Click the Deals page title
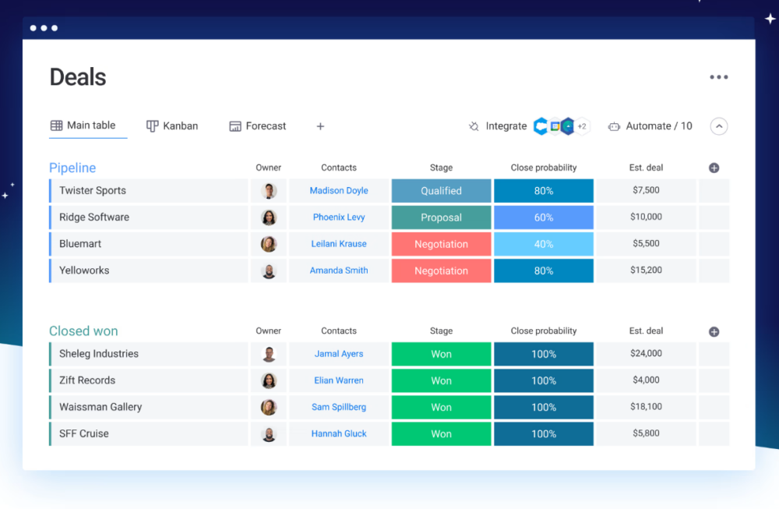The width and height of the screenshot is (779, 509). [78, 77]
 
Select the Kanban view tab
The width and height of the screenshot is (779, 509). [172, 125]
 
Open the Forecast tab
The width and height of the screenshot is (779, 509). [258, 125]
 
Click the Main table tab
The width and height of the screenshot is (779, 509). [83, 125]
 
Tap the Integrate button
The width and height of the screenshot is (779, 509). [498, 125]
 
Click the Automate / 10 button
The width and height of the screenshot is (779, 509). [650, 125]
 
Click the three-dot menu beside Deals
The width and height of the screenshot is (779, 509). [718, 77]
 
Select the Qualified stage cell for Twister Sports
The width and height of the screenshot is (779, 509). [441, 191]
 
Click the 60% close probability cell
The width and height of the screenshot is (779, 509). [544, 217]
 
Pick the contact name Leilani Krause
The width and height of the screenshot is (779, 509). [339, 244]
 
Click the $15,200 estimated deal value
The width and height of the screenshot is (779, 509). [646, 270]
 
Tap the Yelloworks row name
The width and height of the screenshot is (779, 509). [84, 270]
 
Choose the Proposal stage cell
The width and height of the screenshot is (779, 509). [441, 217]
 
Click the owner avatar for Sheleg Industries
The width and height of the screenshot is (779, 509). [269, 354]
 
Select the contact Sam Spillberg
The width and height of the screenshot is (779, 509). [339, 407]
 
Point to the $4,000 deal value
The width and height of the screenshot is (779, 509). [646, 380]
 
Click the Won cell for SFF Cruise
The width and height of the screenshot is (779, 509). [441, 433]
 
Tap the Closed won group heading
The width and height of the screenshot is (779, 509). [83, 331]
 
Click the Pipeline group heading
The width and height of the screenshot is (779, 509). [72, 168]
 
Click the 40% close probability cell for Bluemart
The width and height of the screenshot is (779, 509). [544, 244]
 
